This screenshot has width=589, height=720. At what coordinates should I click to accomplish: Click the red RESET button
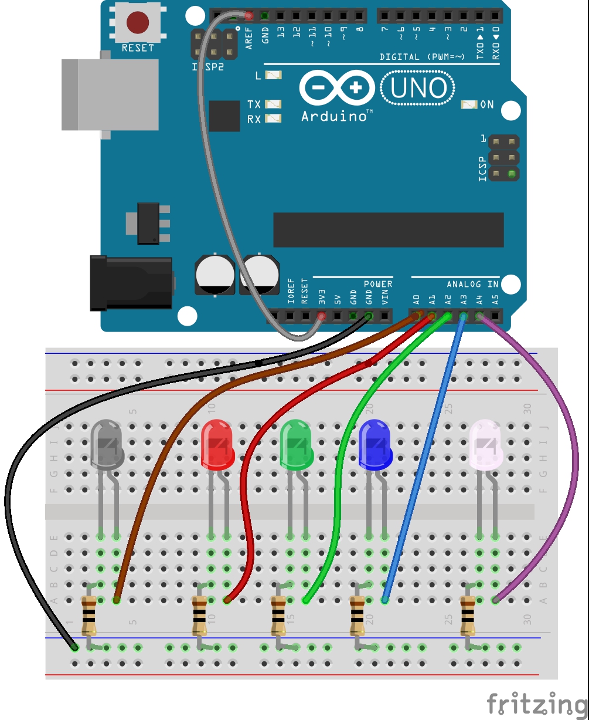tap(137, 22)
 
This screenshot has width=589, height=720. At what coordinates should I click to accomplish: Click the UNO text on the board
tap(418, 89)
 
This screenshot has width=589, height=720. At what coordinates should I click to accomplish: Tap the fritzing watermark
tap(536, 703)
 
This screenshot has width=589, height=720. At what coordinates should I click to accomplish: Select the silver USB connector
tap(110, 94)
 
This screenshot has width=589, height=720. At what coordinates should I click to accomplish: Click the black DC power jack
tap(130, 283)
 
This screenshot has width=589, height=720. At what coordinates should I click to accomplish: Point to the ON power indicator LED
tap(469, 104)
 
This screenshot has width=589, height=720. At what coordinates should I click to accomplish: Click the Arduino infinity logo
tap(337, 89)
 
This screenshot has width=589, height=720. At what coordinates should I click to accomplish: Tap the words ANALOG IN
tap(472, 284)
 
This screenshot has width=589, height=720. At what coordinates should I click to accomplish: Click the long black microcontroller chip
tap(388, 229)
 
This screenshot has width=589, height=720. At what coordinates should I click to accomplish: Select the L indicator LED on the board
tap(273, 75)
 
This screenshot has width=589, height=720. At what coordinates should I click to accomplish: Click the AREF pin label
tap(249, 37)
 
